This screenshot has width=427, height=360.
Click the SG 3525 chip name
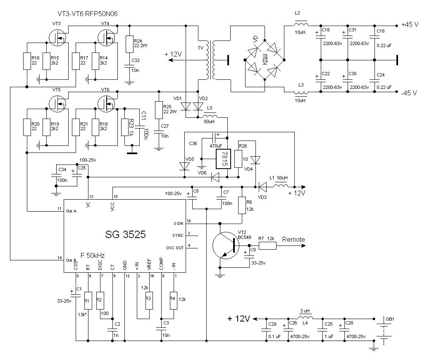pyautogui.click(x=125, y=234)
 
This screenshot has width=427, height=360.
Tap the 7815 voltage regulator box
pyautogui.click(x=223, y=159)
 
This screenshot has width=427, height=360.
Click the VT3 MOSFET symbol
pyautogui.click(x=57, y=38)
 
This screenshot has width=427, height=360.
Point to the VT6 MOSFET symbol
pyautogui.click(x=106, y=104)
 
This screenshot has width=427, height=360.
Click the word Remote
pyautogui.click(x=293, y=240)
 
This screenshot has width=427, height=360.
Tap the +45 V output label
pyautogui.click(x=410, y=24)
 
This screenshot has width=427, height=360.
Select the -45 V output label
pyautogui.click(x=409, y=93)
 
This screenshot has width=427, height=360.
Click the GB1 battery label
pyautogui.click(x=390, y=319)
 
